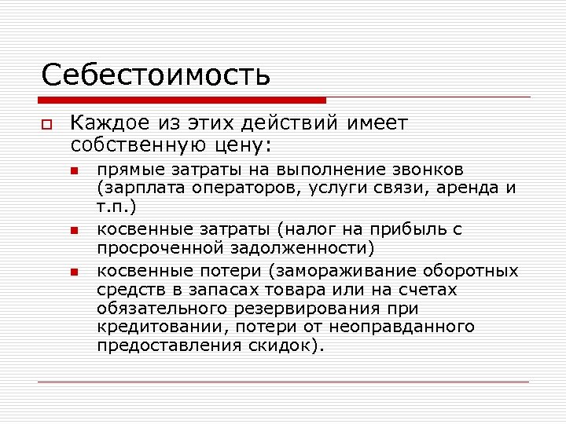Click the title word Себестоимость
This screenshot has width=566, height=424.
(x=156, y=75)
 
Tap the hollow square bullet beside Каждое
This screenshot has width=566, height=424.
(x=46, y=125)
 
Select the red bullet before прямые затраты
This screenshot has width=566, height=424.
(x=74, y=170)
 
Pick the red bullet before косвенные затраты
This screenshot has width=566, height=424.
(x=74, y=231)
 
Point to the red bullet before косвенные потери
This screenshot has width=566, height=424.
(x=74, y=272)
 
